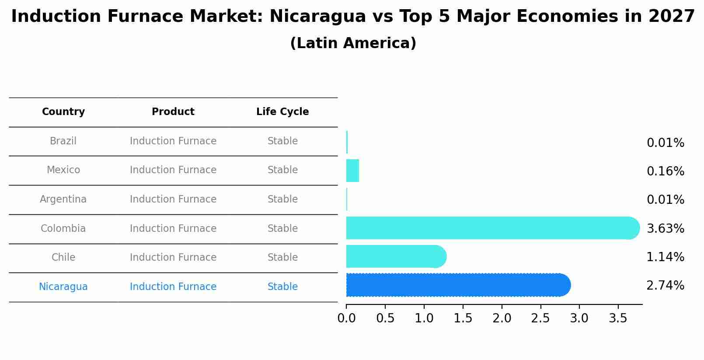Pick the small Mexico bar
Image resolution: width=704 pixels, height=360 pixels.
352,171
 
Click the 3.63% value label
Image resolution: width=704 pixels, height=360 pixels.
665,228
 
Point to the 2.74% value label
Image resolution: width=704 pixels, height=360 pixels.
665,286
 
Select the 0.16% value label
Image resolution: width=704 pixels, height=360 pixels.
665,171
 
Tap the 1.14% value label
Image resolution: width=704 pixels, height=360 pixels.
665,257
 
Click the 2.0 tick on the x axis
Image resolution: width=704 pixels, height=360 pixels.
502,318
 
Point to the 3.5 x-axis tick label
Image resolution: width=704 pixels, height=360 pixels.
618,318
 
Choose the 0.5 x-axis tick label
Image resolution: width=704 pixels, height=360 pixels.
385,318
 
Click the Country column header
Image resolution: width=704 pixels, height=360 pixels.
63,112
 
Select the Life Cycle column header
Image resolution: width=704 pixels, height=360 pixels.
282,112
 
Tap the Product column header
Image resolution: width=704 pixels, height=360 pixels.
173,112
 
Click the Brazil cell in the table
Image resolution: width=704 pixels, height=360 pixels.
63,141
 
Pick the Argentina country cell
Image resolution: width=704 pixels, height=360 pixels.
63,199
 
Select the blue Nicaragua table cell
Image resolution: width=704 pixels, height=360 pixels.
63,287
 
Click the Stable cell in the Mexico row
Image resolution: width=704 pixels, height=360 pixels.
282,170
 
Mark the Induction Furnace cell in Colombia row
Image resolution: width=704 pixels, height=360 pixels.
173,229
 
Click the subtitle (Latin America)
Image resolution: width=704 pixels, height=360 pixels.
353,43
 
